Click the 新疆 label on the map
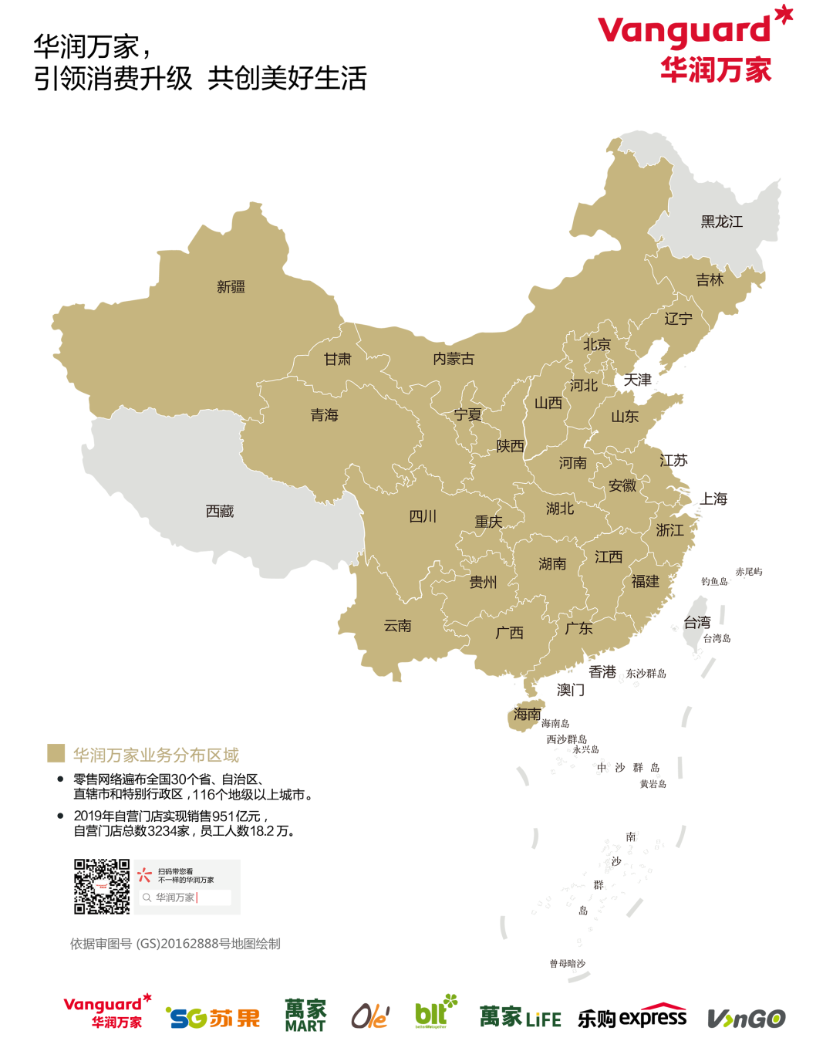tap(231, 287)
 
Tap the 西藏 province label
tap(220, 511)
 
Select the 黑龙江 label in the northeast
tap(721, 222)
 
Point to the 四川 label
tap(422, 516)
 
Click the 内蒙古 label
tap(453, 359)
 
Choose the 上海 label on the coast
tap(713, 499)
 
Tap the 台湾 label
tap(697, 623)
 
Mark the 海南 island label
tap(528, 715)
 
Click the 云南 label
tap(398, 626)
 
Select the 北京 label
tap(596, 345)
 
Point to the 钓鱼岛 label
tap(714, 582)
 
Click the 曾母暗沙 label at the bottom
tap(567, 964)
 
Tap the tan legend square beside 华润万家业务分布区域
tap(56, 753)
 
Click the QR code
tap(102, 887)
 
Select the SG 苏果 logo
tap(214, 1019)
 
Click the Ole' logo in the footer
tap(370, 1017)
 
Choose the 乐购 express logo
tap(632, 1017)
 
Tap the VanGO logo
tap(746, 1019)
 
